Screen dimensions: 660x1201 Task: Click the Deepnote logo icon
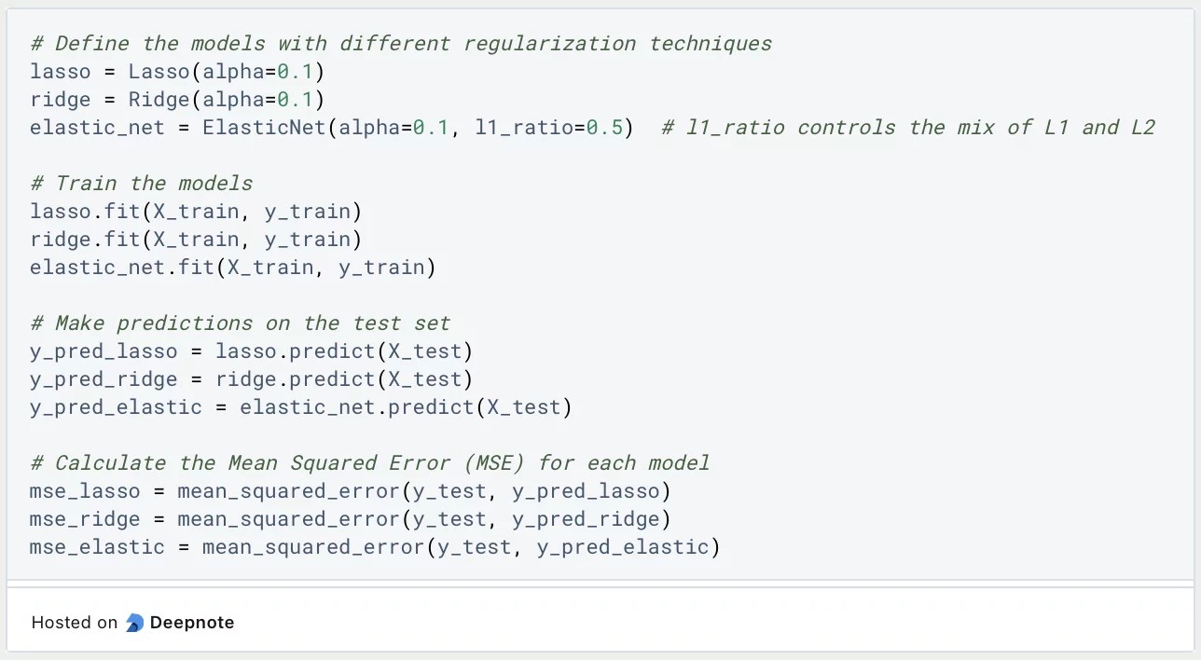point(134,623)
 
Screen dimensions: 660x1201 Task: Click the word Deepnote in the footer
point(192,623)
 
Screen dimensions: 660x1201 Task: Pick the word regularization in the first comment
point(549,44)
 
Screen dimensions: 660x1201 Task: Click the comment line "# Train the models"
point(141,184)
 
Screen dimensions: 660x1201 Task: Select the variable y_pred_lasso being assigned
point(104,351)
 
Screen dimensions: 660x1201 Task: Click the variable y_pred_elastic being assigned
point(116,407)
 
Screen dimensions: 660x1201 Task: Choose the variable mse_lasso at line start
point(85,491)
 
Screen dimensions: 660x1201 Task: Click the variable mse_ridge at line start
point(85,519)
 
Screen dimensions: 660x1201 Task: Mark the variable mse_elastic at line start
point(97,547)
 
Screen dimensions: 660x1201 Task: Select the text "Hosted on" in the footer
point(75,623)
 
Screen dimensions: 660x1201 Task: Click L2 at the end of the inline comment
point(1142,128)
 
